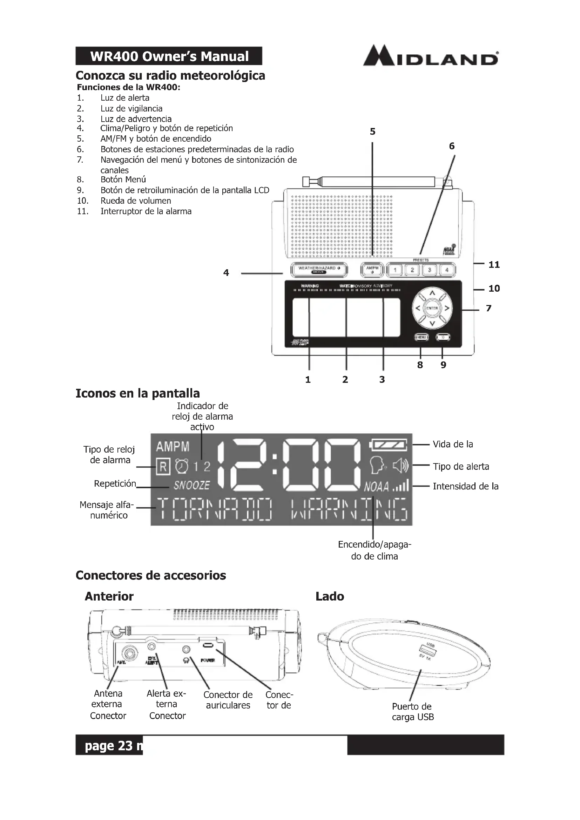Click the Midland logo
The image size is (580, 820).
click(430, 56)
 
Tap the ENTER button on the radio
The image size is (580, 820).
click(432, 308)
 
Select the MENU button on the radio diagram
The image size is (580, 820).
click(421, 337)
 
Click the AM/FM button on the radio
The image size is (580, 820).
click(372, 270)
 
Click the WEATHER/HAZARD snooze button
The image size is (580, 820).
click(318, 270)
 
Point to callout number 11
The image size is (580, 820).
click(494, 265)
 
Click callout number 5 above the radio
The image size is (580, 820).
click(372, 132)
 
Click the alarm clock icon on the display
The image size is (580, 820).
click(182, 466)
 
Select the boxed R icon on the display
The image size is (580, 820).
click(163, 467)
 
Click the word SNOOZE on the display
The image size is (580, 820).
click(192, 485)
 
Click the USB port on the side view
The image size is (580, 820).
click(424, 649)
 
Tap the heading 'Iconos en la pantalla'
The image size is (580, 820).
click(137, 393)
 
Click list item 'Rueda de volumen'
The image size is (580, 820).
click(135, 201)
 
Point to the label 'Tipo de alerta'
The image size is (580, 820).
click(461, 466)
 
